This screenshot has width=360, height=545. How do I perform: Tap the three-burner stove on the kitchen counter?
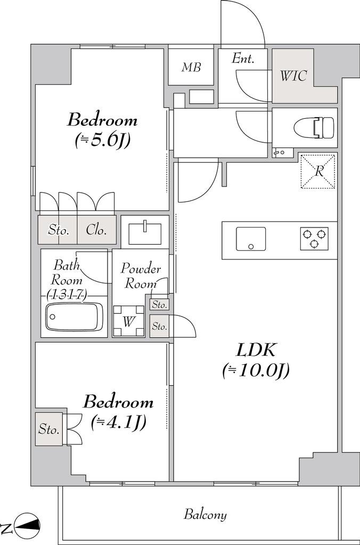tap(314, 239)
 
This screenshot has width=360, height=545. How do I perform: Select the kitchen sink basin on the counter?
tap(251, 239)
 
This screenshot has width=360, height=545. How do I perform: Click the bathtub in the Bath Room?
tap(75, 316)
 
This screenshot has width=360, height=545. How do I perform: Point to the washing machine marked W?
tap(129, 321)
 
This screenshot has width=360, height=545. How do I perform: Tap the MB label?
tap(191, 67)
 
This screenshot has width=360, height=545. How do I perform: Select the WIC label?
tap(293, 76)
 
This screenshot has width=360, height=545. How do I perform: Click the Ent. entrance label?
tap(243, 59)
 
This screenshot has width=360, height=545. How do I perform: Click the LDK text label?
tap(256, 350)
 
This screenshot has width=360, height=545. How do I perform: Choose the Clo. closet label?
tap(96, 230)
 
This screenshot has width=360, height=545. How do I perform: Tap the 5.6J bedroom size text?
tap(102, 141)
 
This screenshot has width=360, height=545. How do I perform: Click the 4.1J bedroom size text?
tap(118, 422)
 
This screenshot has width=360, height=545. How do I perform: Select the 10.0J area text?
tap(256, 371)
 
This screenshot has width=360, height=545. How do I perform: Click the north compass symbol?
tap(24, 524)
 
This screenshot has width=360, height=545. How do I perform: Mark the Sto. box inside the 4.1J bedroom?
tap(48, 429)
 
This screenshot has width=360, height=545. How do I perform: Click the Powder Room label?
tap(141, 276)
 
